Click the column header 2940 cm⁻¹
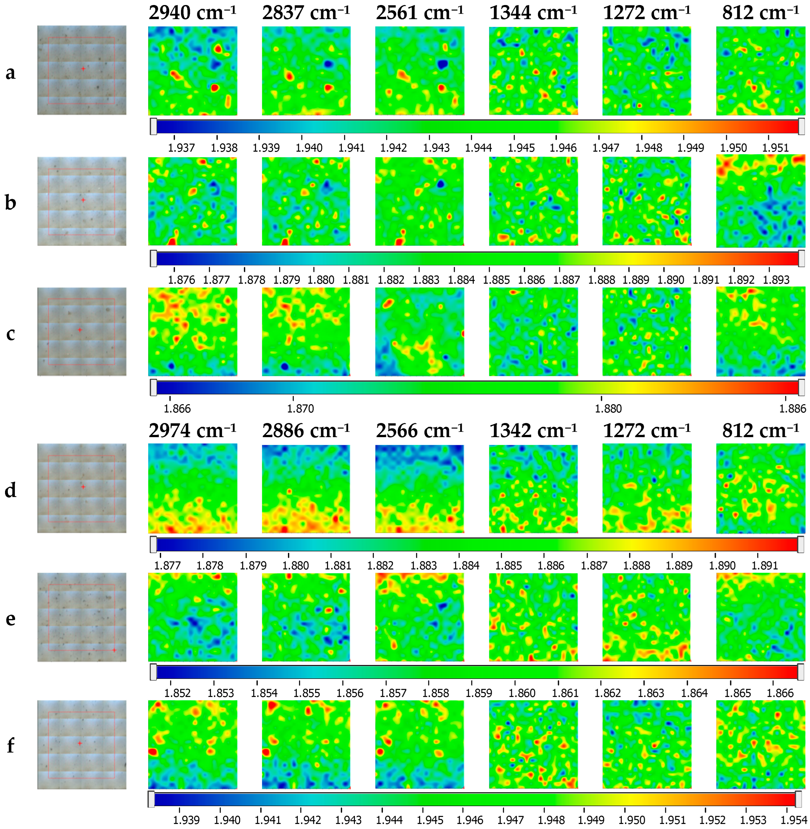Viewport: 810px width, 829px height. pos(192,13)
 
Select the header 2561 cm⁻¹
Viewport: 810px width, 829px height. pos(420,13)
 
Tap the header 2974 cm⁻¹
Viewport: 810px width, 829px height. pos(192,431)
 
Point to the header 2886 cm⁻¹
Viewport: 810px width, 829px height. pos(306,431)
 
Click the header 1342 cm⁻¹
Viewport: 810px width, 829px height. pos(533,431)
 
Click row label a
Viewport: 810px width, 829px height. pos(11,72)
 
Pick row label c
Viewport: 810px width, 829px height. pos(11,334)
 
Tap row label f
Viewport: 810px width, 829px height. pos(11,745)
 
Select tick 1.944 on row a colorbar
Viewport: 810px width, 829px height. pos(478,148)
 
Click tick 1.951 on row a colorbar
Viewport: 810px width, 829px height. pos(775,148)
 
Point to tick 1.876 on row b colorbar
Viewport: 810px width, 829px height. pos(181,280)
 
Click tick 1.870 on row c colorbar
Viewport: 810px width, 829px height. pos(300,409)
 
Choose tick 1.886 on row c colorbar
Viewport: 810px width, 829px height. pos(792,409)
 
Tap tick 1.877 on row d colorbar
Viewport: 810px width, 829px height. pos(167,565)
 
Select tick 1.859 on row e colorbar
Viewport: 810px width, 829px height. pos(479,693)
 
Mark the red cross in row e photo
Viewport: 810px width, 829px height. pos(114,650)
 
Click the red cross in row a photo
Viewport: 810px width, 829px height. pos(83,68)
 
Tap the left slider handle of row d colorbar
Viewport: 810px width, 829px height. pos(153,544)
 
